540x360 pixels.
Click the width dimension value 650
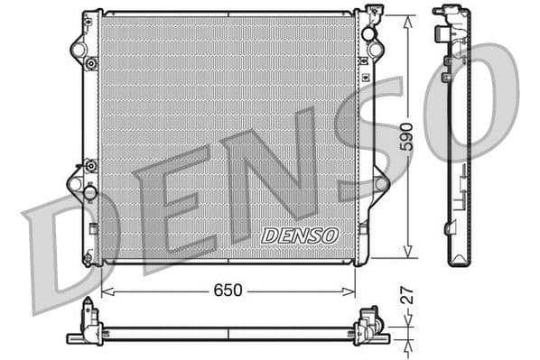tap(228, 291)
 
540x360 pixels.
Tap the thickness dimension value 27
tap(407, 294)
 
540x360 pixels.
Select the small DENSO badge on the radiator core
tap(299, 235)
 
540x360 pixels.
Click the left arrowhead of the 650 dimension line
tap(105, 291)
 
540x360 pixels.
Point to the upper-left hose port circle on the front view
tap(79, 50)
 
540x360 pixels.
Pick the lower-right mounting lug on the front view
tap(381, 183)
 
